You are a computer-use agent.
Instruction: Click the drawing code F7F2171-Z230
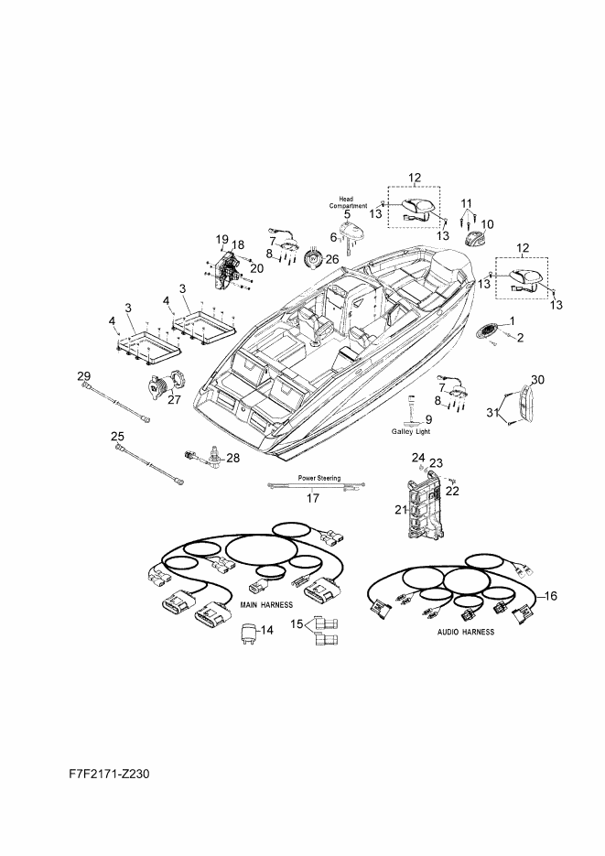pos(109,775)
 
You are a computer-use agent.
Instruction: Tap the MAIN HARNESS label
pos(266,605)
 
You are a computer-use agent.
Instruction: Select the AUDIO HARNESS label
pos(466,632)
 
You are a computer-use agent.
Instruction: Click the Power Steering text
pos(319,478)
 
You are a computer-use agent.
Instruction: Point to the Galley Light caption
pos(411,431)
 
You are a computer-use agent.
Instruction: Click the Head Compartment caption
pos(348,202)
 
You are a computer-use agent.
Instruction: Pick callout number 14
pos(266,630)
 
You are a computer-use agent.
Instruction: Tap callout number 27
pos(174,399)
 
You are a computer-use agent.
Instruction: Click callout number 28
pos(233,458)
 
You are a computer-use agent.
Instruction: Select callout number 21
pos(401,509)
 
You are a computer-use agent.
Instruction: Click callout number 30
pos(537,379)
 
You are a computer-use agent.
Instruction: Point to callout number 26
pos(331,259)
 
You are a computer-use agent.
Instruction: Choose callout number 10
pos(487,223)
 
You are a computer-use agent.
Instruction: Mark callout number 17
pos(313,498)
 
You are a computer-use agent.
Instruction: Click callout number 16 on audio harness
pos(551,596)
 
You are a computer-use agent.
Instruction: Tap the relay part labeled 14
pos(249,633)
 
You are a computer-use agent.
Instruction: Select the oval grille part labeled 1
pos(486,330)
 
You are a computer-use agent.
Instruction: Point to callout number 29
pos(83,375)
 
